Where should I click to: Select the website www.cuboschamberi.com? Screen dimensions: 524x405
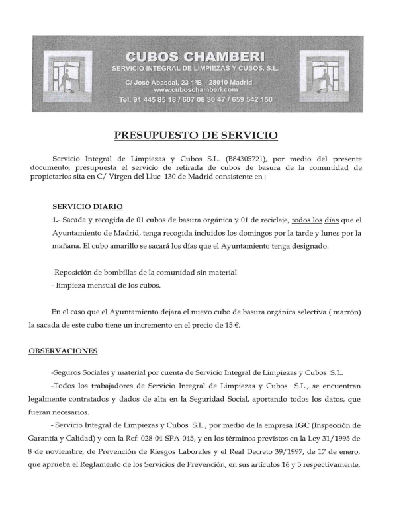195,89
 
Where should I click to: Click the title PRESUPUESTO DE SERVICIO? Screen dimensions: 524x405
196,136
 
